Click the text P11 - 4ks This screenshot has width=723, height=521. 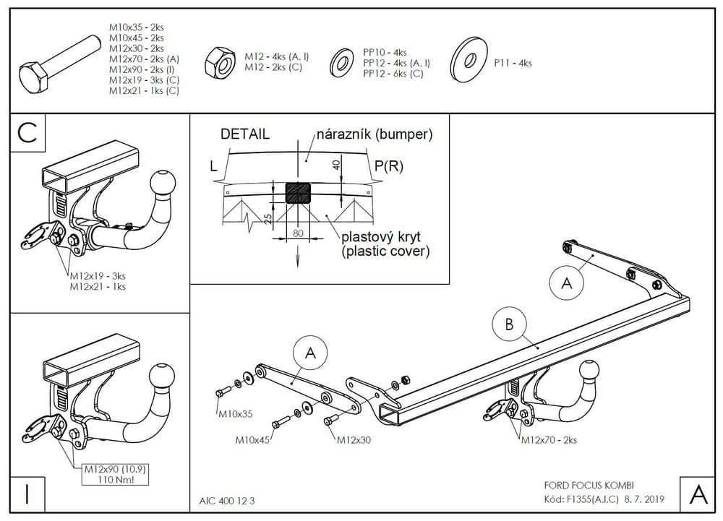513,64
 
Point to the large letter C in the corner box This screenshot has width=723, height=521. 27,133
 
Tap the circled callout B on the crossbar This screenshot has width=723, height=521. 509,325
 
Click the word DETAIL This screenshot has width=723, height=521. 245,134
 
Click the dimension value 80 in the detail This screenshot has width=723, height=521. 298,233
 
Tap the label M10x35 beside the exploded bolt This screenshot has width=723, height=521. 235,415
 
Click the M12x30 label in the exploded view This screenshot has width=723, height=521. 354,440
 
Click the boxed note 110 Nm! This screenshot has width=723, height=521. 106,478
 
